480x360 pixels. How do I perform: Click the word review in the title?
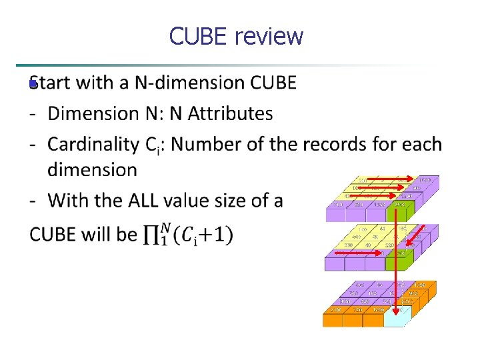(x=269, y=36)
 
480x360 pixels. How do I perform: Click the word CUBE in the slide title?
(x=199, y=36)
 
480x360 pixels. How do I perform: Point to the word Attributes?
(x=231, y=114)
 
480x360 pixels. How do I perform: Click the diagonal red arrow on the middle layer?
(x=417, y=235)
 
